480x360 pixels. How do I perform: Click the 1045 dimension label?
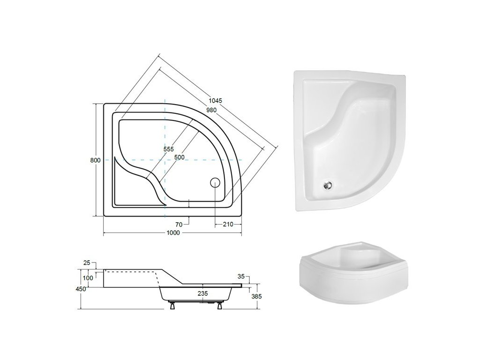pos(216,100)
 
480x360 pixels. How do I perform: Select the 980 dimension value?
pos(211,110)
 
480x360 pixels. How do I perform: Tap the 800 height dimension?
pos(95,160)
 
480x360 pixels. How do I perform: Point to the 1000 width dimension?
pos(173,233)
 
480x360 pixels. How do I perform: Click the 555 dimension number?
pos(168,149)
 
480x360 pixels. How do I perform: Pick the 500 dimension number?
pos(179,157)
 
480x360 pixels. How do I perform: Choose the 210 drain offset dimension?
pos(228,225)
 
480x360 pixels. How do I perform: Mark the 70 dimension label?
pos(179,225)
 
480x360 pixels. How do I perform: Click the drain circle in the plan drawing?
pos(215,182)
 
